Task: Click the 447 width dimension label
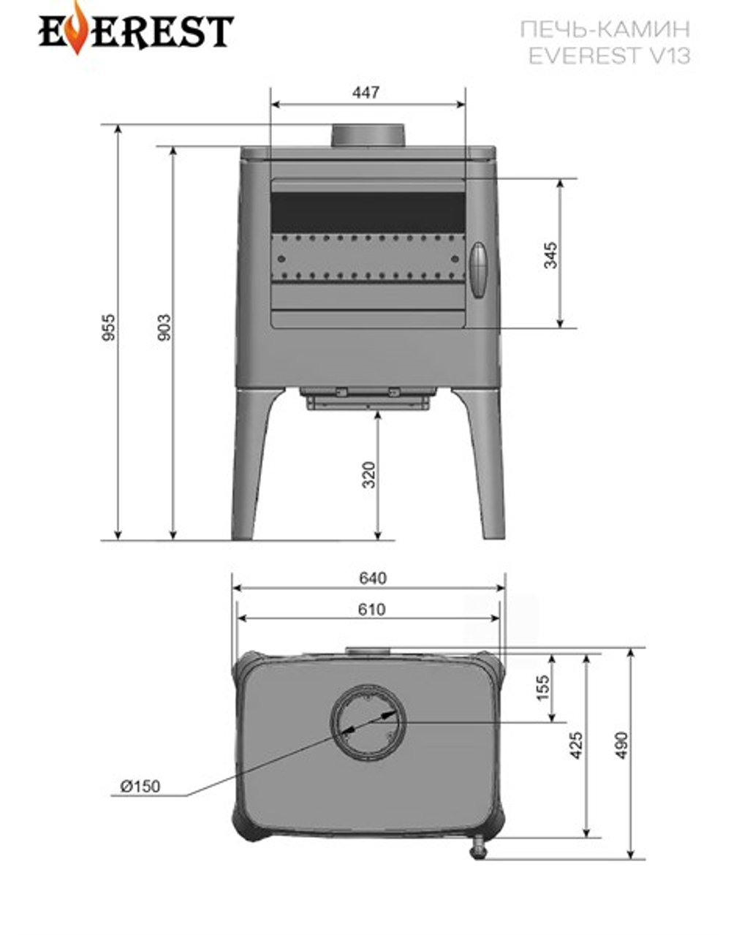click(x=365, y=93)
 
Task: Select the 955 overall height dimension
click(x=108, y=328)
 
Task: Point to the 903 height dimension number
click(x=164, y=328)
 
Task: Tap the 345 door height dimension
click(x=550, y=255)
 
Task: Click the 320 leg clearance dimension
click(x=368, y=474)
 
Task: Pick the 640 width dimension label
click(x=373, y=578)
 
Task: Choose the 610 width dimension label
click(x=372, y=609)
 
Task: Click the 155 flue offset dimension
click(x=544, y=688)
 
